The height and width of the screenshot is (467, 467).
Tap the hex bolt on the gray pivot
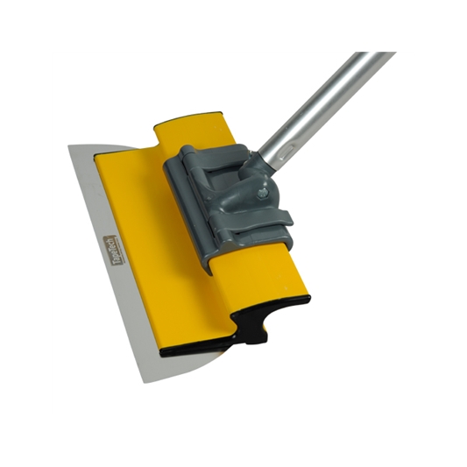(x=262, y=187)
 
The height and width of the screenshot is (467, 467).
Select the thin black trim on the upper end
(x=188, y=116)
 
